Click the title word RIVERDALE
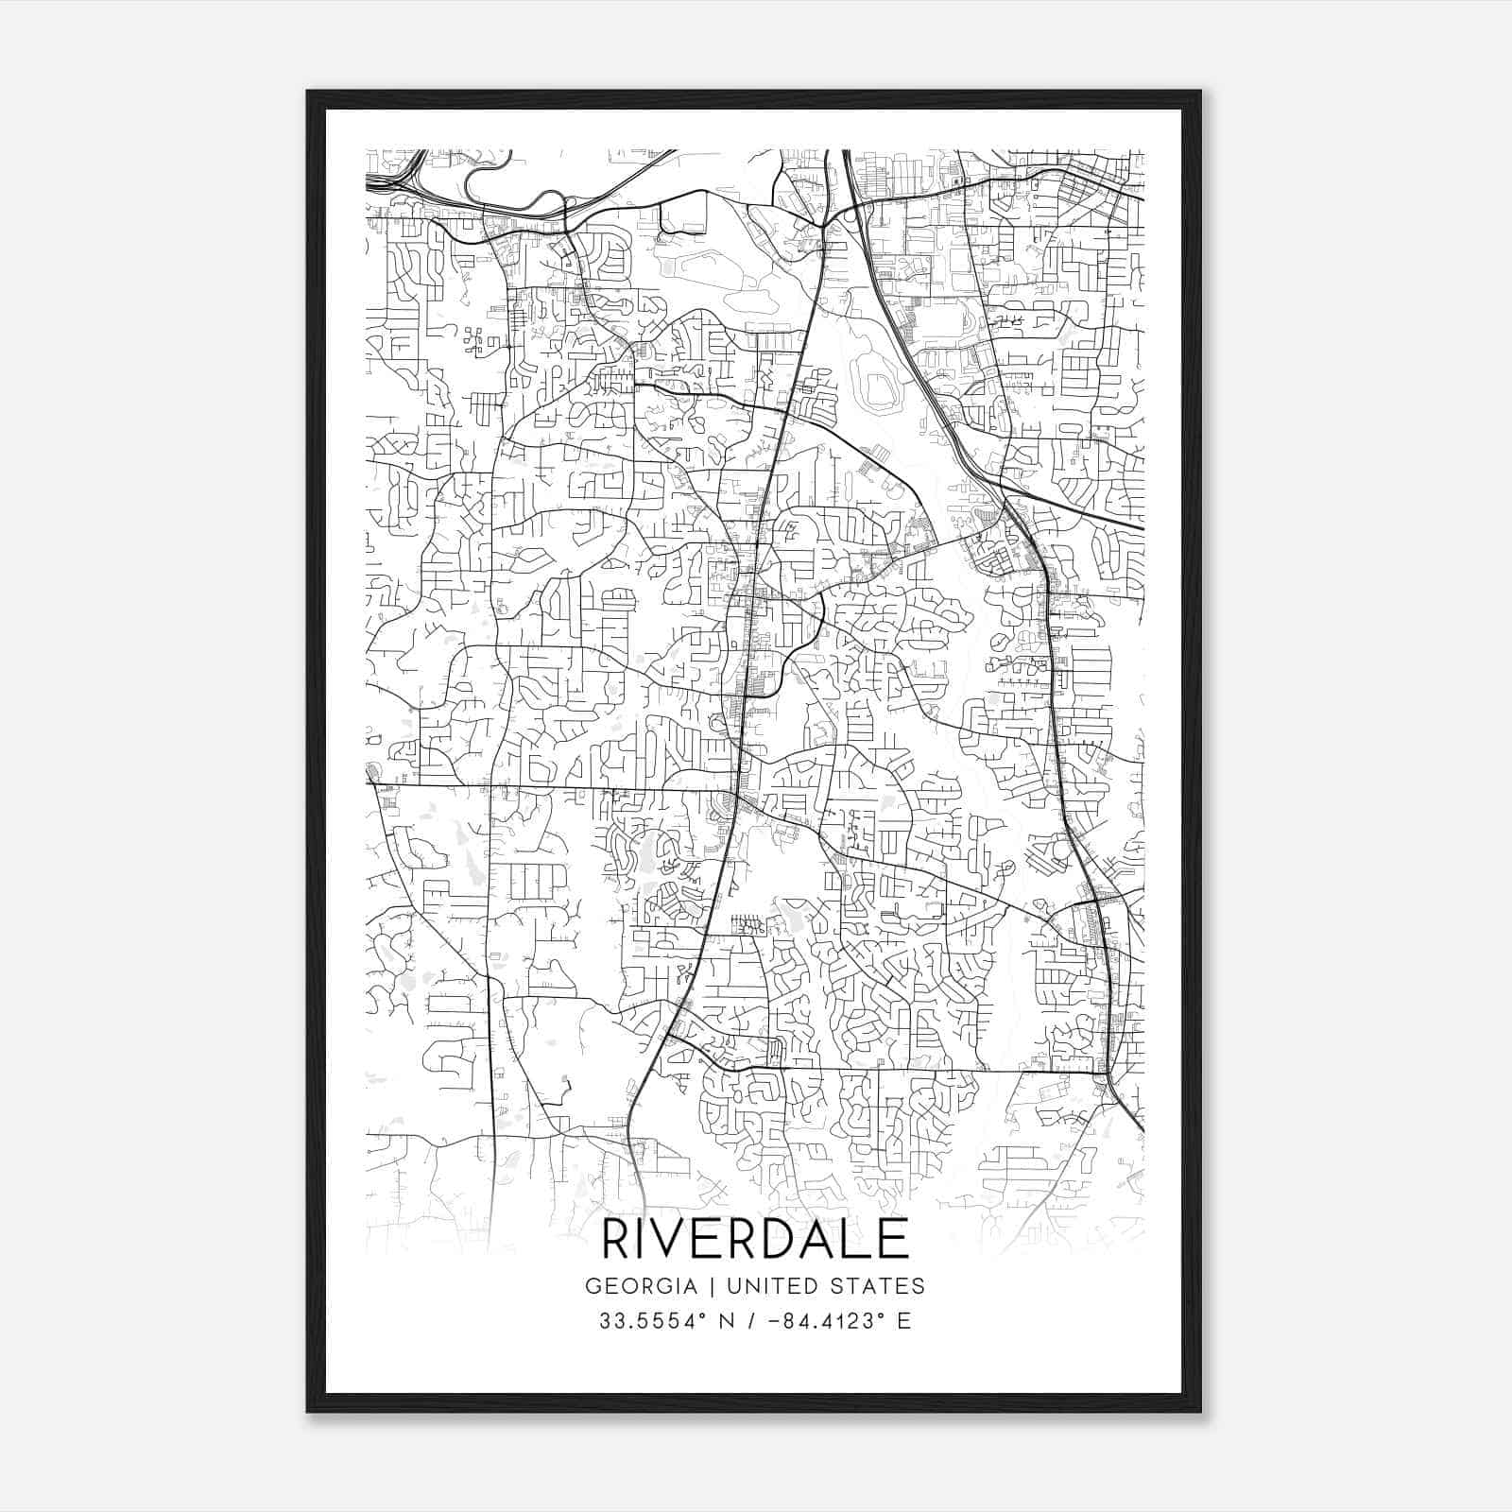click(755, 1239)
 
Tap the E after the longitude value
click(904, 1321)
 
